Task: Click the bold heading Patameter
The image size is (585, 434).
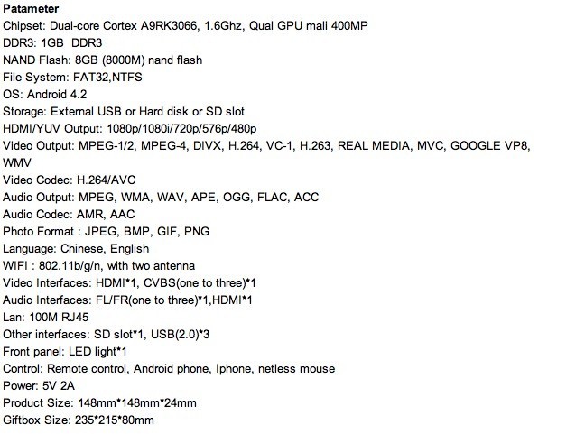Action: (31, 9)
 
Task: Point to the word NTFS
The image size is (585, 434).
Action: (127, 78)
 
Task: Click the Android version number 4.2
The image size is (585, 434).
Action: (79, 95)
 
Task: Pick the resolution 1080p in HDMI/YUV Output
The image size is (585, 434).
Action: (123, 129)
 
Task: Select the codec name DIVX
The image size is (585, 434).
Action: (207, 146)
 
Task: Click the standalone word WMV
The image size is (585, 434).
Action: (17, 163)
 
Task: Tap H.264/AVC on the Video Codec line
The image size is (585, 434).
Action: (106, 180)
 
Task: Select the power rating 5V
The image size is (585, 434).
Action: (49, 386)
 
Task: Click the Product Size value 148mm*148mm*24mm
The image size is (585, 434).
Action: (137, 403)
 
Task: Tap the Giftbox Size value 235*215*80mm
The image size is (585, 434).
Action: (114, 420)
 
